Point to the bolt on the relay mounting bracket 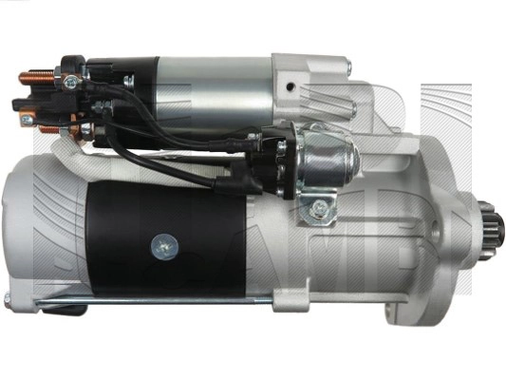pos(320,206)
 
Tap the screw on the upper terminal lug pos(68,82)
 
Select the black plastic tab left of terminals pos(21,103)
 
